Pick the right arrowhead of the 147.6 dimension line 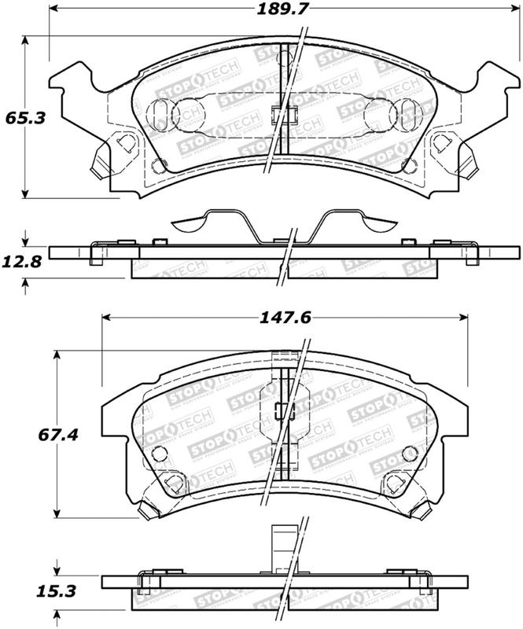(466, 318)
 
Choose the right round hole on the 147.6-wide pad (408, 454)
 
